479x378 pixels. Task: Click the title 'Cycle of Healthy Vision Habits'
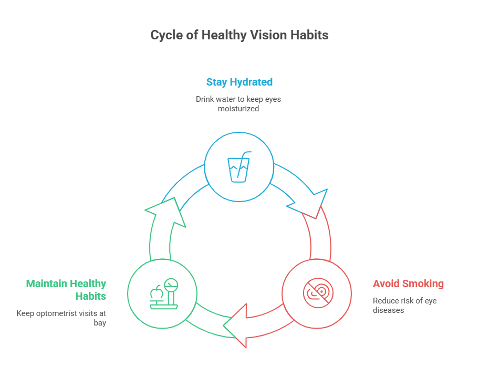pos(240,35)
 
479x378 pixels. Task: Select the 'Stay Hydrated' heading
pos(239,82)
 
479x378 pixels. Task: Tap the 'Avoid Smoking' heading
pos(408,284)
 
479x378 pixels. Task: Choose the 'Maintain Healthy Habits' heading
pos(67,290)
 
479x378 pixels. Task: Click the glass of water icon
pos(239,167)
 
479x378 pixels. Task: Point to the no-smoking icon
pos(317,292)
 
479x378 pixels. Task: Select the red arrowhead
pos(237,325)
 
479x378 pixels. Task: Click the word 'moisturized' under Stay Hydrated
pos(238,109)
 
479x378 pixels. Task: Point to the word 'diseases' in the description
pos(388,310)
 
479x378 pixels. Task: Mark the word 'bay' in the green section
pos(100,323)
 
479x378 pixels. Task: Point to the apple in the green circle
pos(156,292)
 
